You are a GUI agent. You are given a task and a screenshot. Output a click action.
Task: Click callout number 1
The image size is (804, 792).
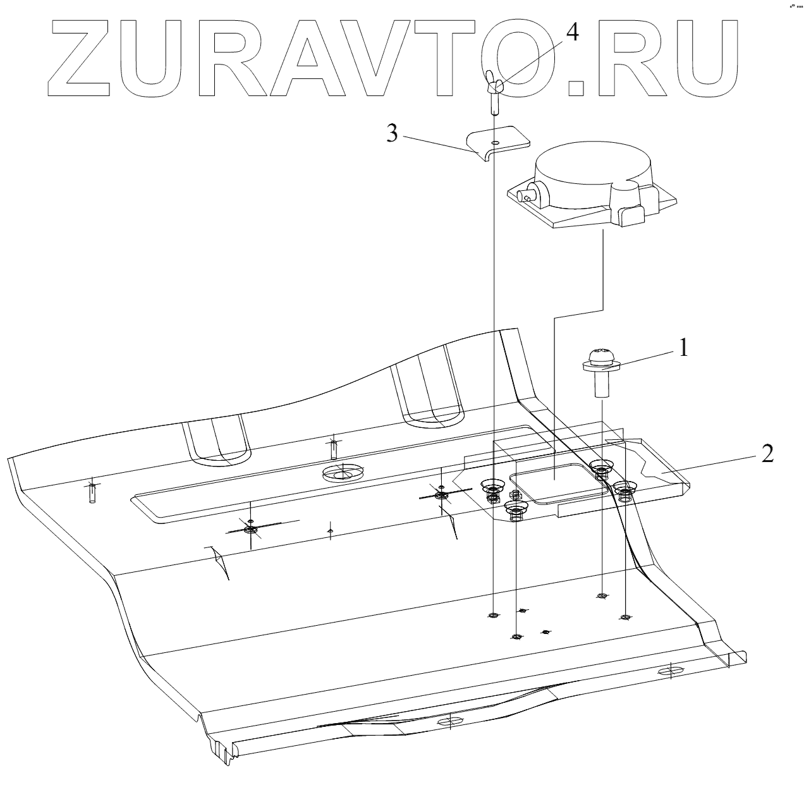point(683,348)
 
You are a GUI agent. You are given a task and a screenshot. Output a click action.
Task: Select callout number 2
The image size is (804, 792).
point(767,454)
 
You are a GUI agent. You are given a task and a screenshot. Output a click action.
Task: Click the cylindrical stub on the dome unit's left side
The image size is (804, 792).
point(527,195)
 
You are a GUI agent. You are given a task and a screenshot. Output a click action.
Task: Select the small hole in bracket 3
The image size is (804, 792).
point(497,143)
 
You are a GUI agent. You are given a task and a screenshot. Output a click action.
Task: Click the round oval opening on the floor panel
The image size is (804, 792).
point(344,473)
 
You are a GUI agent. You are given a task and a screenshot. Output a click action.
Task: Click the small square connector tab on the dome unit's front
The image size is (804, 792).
point(629,216)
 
